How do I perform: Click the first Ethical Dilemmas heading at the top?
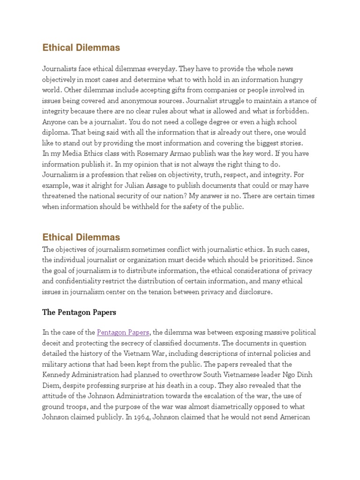click(81, 47)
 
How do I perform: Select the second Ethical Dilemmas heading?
click(81, 237)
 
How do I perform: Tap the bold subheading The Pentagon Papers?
click(79, 312)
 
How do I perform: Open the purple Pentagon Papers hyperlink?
click(123, 332)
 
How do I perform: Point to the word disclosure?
click(255, 292)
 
